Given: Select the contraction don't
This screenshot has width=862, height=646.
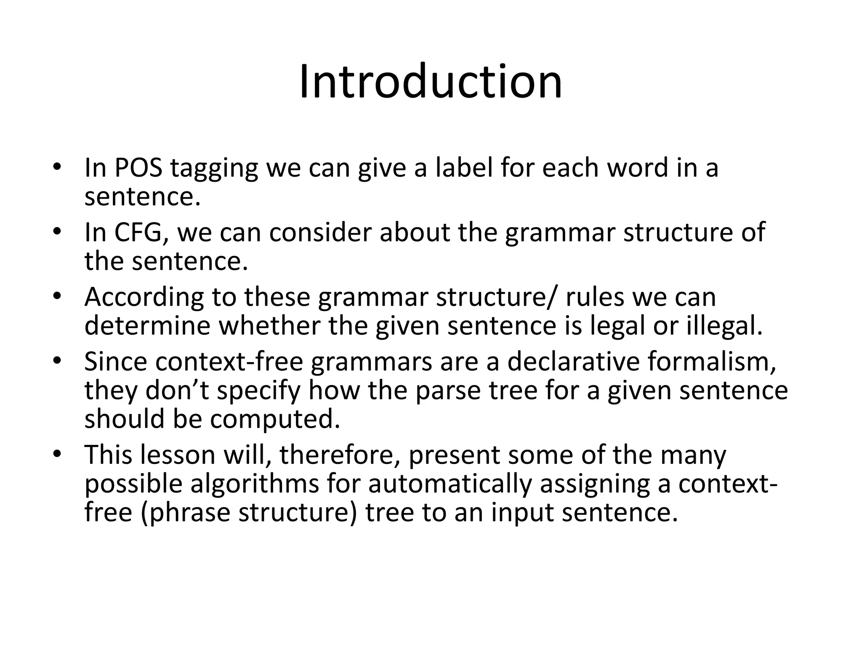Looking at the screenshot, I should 177,391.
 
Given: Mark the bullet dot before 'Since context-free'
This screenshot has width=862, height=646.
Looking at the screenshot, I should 58,361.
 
